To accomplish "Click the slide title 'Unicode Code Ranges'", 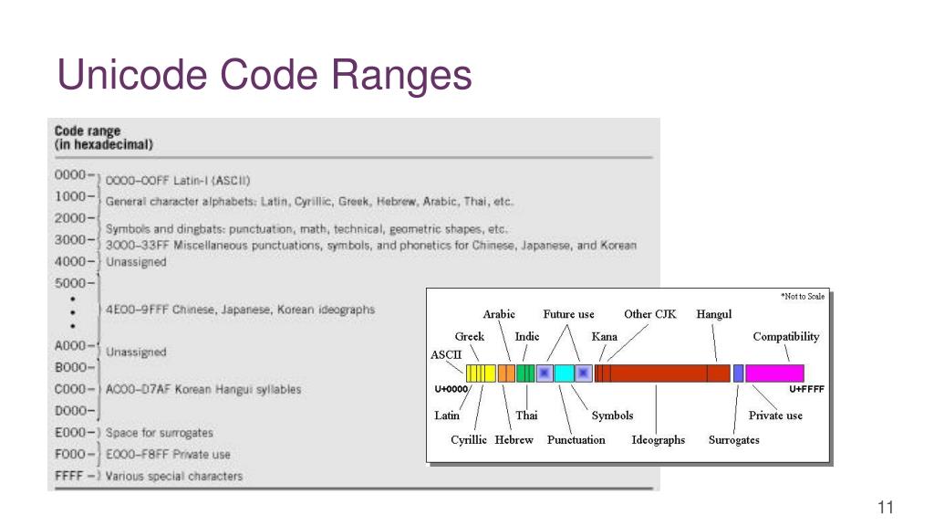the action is (x=265, y=75).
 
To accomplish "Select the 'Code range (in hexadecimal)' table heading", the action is (x=103, y=138).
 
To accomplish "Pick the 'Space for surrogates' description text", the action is (x=160, y=433).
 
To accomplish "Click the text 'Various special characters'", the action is (x=174, y=477).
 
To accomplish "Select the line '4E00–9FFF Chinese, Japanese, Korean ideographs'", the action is (x=241, y=310).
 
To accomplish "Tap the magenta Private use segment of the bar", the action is (x=774, y=373).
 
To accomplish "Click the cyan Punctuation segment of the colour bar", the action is (x=564, y=373).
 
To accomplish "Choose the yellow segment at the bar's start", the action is (x=481, y=373).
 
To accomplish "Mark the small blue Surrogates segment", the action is (x=738, y=373).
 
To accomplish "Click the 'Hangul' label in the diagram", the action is (x=714, y=314).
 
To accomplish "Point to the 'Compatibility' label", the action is (x=785, y=337).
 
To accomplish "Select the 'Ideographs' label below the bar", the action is (x=658, y=440).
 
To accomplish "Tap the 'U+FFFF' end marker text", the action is (x=806, y=389).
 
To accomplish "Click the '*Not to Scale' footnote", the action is (x=803, y=296).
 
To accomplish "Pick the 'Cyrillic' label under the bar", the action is (x=469, y=440).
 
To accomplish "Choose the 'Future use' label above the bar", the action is (x=568, y=314).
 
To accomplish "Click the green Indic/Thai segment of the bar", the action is (x=525, y=373).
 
